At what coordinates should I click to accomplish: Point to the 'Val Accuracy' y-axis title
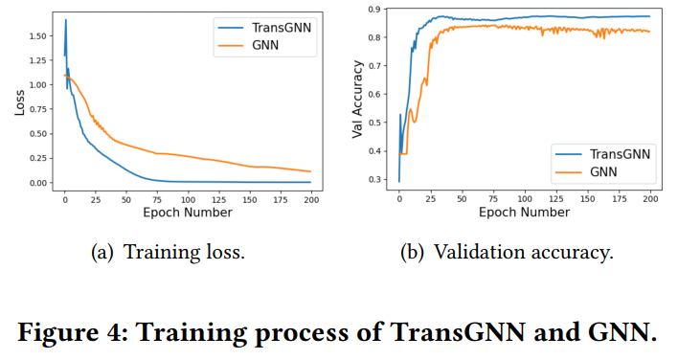[358, 101]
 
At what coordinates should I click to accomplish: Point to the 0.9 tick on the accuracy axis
[381, 9]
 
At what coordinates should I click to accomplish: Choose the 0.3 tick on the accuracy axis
[381, 179]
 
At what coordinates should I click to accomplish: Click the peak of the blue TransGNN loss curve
[65, 20]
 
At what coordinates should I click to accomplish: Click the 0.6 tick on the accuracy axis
[381, 94]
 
